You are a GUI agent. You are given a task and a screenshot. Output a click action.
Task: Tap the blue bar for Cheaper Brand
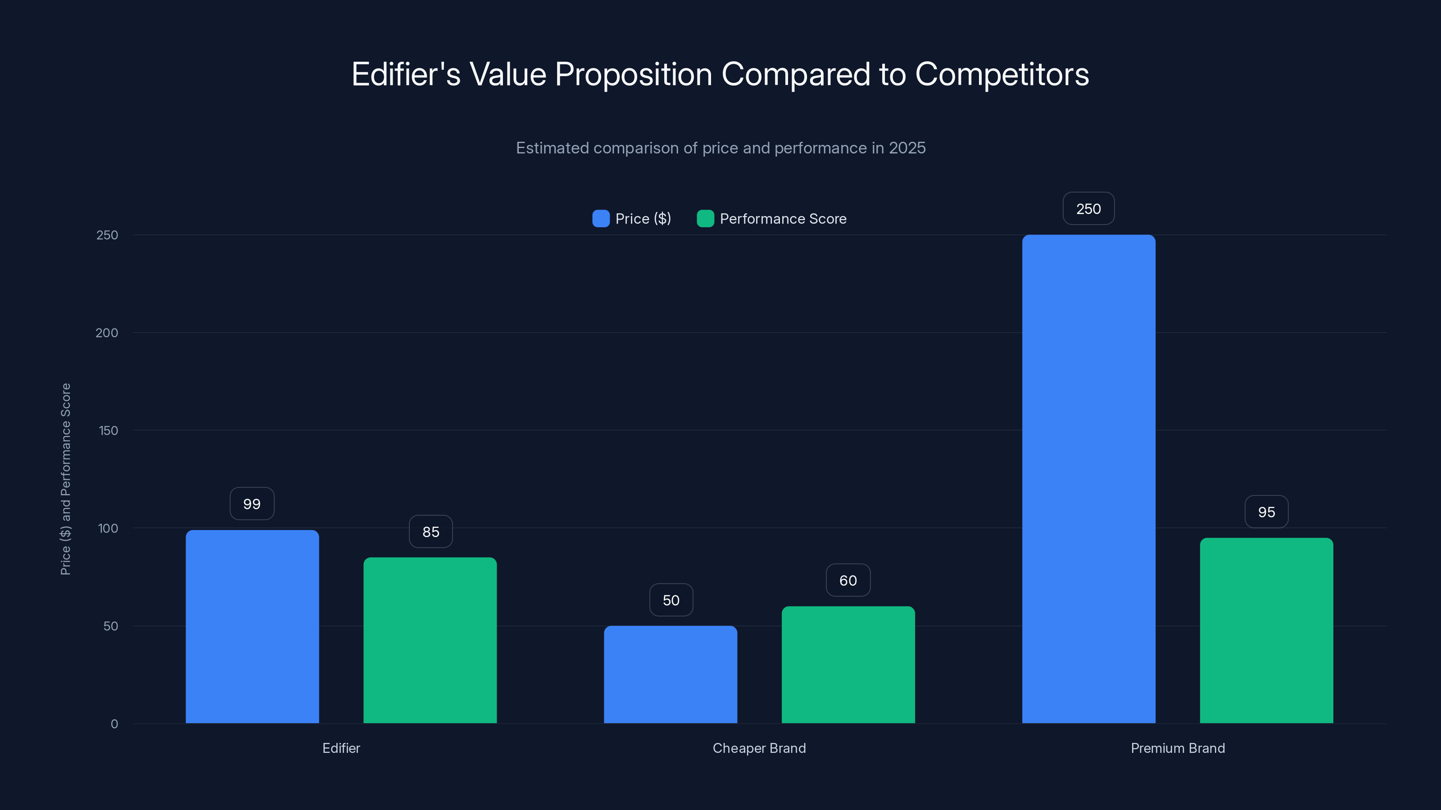tap(670, 674)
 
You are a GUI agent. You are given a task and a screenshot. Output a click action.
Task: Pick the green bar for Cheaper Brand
tap(848, 665)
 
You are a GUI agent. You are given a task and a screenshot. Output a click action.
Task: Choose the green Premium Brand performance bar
tap(1266, 630)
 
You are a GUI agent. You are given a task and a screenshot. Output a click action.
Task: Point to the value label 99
tap(252, 504)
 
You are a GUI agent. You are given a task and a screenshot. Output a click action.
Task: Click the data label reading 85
tap(431, 531)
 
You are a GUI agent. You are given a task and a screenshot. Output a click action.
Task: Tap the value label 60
tap(848, 580)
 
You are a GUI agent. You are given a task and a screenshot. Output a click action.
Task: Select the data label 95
tap(1266, 512)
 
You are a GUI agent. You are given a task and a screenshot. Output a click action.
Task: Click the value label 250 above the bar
tap(1088, 208)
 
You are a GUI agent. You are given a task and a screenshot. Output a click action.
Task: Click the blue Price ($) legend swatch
tap(601, 219)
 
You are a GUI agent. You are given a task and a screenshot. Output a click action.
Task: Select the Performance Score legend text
tap(783, 219)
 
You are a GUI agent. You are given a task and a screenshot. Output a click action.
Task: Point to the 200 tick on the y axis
tap(107, 333)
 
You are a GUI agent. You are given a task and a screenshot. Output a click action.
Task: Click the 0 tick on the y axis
tap(114, 724)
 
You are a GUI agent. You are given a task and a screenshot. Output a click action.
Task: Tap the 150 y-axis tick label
tap(108, 431)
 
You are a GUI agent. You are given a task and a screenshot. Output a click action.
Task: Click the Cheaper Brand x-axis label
tap(759, 748)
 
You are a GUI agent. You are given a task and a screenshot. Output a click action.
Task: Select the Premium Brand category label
tap(1178, 748)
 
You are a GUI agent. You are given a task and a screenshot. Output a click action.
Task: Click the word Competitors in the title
tap(1001, 74)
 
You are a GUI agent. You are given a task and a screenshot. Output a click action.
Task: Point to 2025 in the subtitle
tap(907, 148)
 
